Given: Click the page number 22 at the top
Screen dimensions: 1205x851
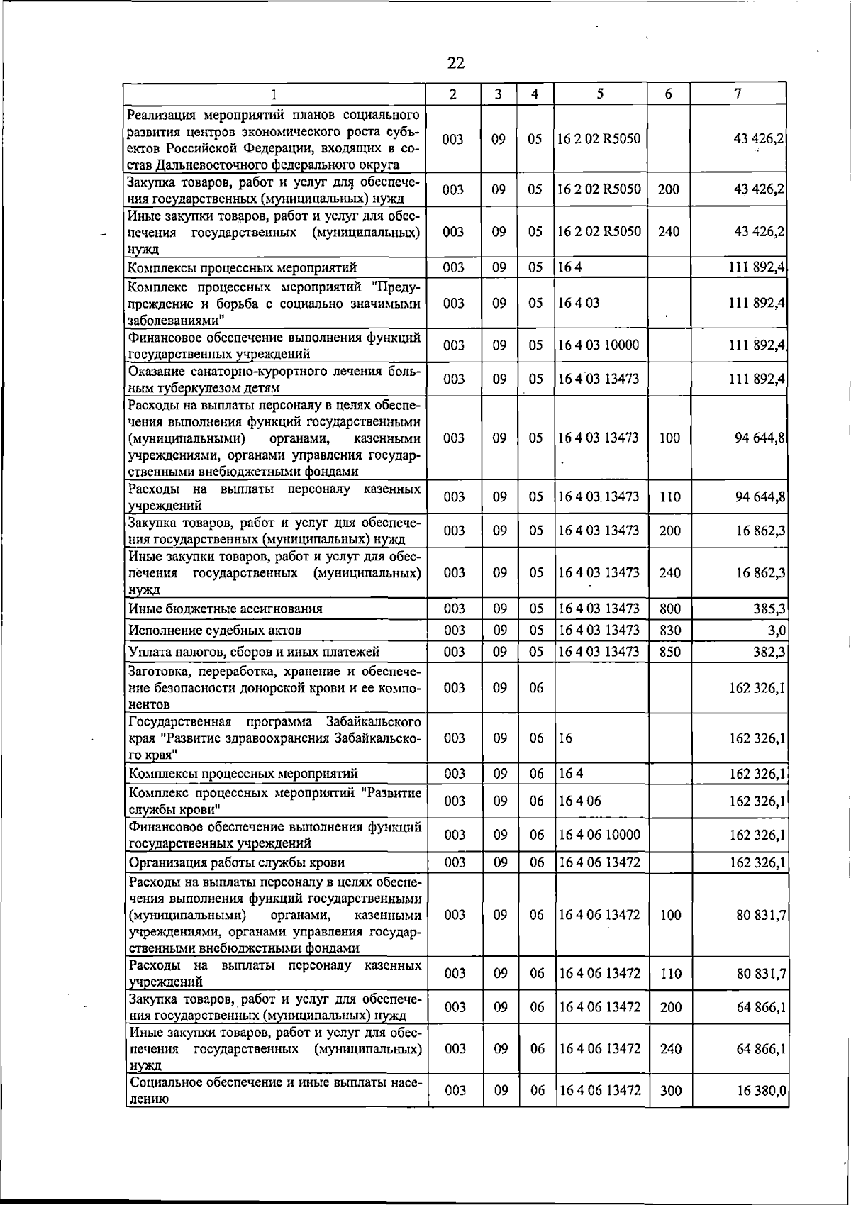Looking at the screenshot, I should point(456,64).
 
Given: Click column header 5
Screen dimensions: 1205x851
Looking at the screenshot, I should point(600,94).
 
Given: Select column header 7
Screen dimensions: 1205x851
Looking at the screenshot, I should point(738,94).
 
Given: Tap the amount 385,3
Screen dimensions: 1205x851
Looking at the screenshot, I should point(769,609).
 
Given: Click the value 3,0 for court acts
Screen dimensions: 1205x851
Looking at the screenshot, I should point(777,630).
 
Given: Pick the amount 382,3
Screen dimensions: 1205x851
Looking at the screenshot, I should point(769,651).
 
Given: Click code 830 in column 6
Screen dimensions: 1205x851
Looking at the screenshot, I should point(669,630).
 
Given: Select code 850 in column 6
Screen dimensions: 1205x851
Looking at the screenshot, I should point(669,651).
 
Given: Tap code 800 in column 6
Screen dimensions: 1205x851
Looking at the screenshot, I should point(669,609).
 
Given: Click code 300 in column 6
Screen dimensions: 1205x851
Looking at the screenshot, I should point(670,1091).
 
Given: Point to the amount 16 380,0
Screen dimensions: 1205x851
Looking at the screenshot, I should point(762,1091).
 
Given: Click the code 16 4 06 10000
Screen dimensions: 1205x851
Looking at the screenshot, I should point(599,835).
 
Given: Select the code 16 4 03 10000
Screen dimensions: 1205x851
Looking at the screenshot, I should point(599,345).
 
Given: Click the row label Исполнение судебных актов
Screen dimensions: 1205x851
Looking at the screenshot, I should point(215,631).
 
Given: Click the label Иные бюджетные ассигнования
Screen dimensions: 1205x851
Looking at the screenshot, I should point(225,609).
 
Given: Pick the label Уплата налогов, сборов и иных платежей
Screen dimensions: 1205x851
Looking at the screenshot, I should point(253,652).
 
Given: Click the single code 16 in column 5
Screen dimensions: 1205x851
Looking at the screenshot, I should point(566,738).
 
